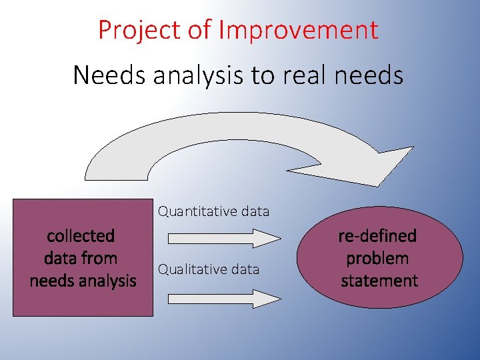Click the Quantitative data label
point(213,212)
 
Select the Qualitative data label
point(208,269)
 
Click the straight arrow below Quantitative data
point(224,238)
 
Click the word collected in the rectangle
point(81,236)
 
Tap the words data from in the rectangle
point(81,259)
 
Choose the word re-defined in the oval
point(378,236)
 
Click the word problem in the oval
point(378,259)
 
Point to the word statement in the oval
point(379,281)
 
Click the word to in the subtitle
point(262,75)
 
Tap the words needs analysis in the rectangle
point(83,281)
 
